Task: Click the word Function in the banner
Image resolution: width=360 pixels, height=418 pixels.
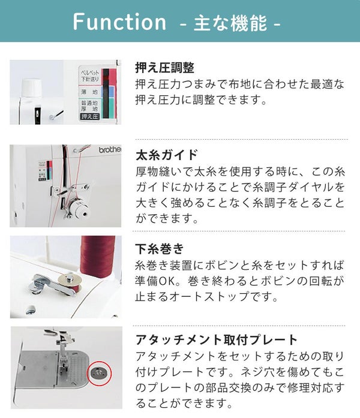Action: pos(119,22)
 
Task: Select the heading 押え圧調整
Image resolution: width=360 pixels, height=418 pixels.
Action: pos(165,67)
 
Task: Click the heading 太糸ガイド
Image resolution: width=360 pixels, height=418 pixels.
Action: pos(167,155)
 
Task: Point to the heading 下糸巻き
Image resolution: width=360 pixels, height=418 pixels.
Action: pos(160,249)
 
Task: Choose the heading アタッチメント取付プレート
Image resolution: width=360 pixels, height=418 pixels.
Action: pos(216,339)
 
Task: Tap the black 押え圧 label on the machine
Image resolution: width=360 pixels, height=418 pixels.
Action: pos(90,116)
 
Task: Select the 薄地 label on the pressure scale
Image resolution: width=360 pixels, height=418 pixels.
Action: pos(89,92)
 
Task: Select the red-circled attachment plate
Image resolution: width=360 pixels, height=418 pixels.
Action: pos(99,373)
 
